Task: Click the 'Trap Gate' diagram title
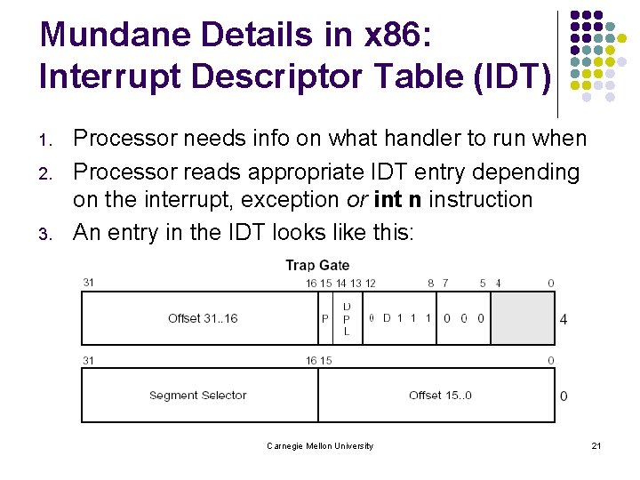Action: tap(317, 265)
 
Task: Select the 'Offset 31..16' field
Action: tap(203, 318)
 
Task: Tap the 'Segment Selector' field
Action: tap(197, 396)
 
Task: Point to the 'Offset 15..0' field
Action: tap(440, 396)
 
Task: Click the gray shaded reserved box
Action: tap(523, 318)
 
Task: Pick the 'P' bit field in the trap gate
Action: tap(325, 318)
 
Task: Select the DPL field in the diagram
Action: tap(347, 318)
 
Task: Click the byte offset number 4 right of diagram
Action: tap(564, 318)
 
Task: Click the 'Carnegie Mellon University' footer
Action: tap(320, 445)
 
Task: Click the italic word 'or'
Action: tap(356, 199)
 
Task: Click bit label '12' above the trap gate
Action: tap(371, 283)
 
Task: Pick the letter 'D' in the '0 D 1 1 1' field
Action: tap(387, 318)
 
